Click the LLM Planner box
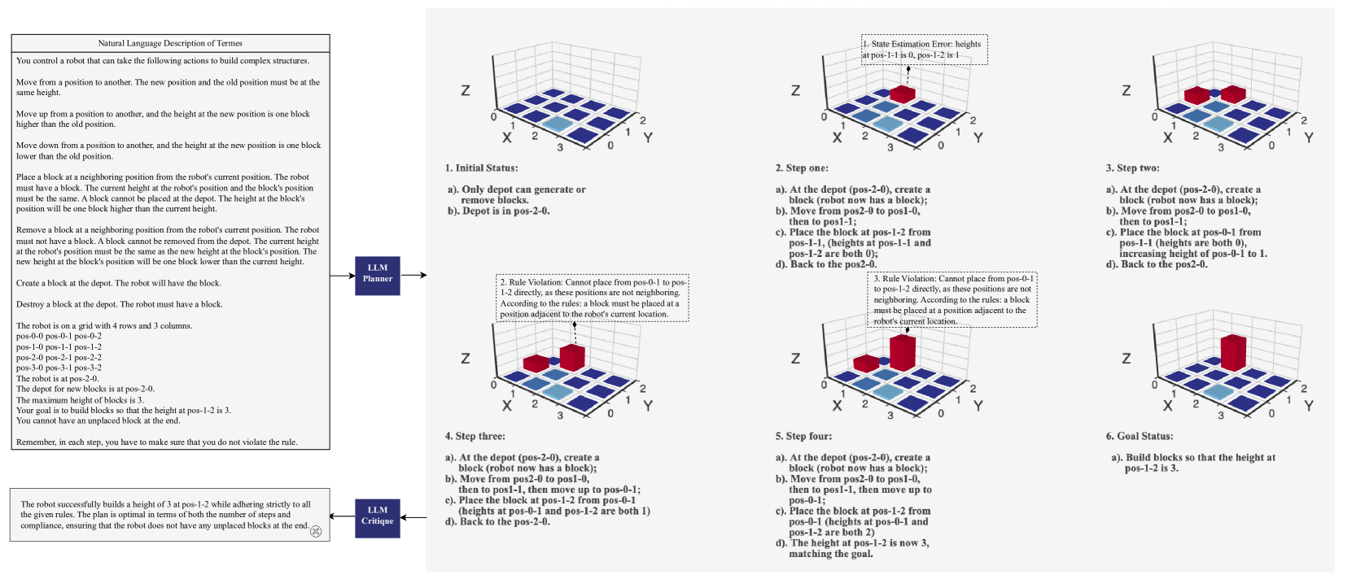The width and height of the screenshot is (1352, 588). pyautogui.click(x=377, y=275)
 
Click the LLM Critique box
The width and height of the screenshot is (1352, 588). pyautogui.click(x=377, y=516)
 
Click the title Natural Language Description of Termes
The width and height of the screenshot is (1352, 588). pyautogui.click(x=170, y=43)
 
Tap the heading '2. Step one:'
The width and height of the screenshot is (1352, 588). pyautogui.click(x=801, y=168)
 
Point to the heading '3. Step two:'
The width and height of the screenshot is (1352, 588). pyautogui.click(x=1132, y=168)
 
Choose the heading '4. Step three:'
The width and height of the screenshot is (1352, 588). pyautogui.click(x=475, y=437)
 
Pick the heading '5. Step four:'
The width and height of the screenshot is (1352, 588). pyautogui.click(x=803, y=437)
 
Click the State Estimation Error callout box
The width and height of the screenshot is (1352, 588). pyautogui.click(x=924, y=50)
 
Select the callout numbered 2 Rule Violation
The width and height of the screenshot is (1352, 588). pyautogui.click(x=593, y=298)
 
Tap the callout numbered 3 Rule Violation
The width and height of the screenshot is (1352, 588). pyautogui.click(x=952, y=300)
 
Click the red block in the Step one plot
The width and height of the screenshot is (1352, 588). pyautogui.click(x=902, y=94)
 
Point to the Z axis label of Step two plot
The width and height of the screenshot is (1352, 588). pyautogui.click(x=1126, y=90)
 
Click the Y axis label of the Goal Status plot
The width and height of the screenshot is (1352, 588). pyautogui.click(x=1308, y=406)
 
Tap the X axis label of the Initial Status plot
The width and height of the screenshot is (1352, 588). pyautogui.click(x=507, y=138)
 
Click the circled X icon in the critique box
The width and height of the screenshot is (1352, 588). pyautogui.click(x=316, y=531)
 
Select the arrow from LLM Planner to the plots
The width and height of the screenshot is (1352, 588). pyautogui.click(x=413, y=275)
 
